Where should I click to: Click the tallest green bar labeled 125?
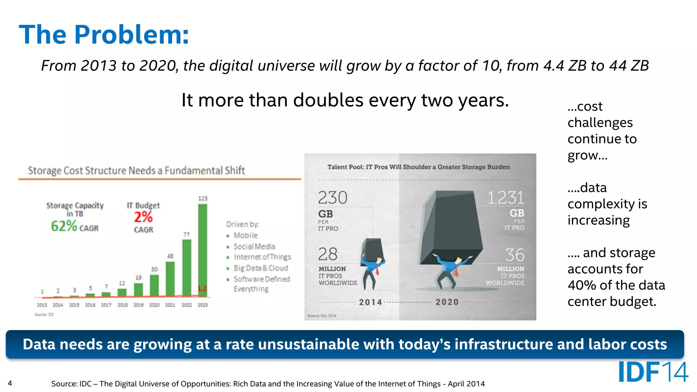click(x=202, y=250)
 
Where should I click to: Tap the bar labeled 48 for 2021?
click(x=170, y=278)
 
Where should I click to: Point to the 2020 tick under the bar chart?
click(x=154, y=305)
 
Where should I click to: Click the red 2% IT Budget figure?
click(x=143, y=217)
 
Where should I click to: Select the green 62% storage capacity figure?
click(x=64, y=226)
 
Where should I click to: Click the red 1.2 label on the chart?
click(x=202, y=289)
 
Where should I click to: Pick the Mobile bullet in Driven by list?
click(x=245, y=235)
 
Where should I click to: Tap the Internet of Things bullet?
click(x=262, y=257)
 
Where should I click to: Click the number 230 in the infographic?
click(x=333, y=198)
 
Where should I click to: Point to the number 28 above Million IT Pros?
click(x=328, y=254)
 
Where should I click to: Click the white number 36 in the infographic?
click(x=515, y=255)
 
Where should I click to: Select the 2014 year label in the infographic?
click(x=371, y=302)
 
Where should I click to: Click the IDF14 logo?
click(x=653, y=372)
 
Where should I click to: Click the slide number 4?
click(x=10, y=383)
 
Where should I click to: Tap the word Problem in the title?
click(x=131, y=35)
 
